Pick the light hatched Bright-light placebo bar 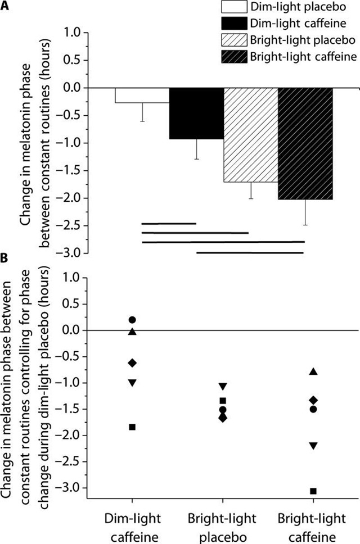pos(250,135)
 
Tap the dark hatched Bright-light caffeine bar pos(305,144)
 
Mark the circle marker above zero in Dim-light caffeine pos(132,320)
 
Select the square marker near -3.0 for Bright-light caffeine pos(313,491)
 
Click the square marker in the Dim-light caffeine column pos(132,427)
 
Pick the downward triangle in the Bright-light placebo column pos(223,386)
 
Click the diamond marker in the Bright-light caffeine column pos(313,400)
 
